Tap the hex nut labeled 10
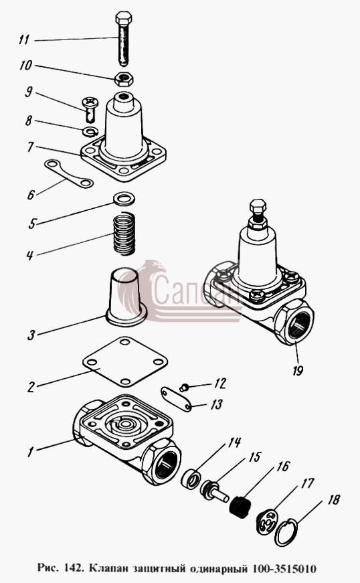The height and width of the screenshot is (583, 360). pyautogui.click(x=124, y=78)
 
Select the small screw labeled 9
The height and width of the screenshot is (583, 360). pyautogui.click(x=90, y=109)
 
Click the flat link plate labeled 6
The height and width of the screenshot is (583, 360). pyautogui.click(x=69, y=173)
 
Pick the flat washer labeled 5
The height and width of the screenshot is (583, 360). pyautogui.click(x=124, y=199)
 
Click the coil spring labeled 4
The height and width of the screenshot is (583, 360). pyautogui.click(x=124, y=234)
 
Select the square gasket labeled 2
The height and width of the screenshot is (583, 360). pyautogui.click(x=125, y=361)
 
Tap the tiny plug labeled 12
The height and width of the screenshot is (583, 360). pyautogui.click(x=183, y=388)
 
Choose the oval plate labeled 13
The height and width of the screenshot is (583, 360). pyautogui.click(x=176, y=400)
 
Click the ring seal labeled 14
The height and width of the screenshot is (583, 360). pyautogui.click(x=190, y=479)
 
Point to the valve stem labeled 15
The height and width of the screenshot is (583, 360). pyautogui.click(x=215, y=491)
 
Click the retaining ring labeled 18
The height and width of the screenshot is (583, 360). pyautogui.click(x=286, y=533)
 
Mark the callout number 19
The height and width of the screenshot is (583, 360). pyautogui.click(x=298, y=371)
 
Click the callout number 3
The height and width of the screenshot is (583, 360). pyautogui.click(x=31, y=335)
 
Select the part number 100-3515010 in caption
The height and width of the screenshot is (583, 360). pyautogui.click(x=284, y=568)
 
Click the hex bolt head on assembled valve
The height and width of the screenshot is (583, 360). pyautogui.click(x=258, y=205)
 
